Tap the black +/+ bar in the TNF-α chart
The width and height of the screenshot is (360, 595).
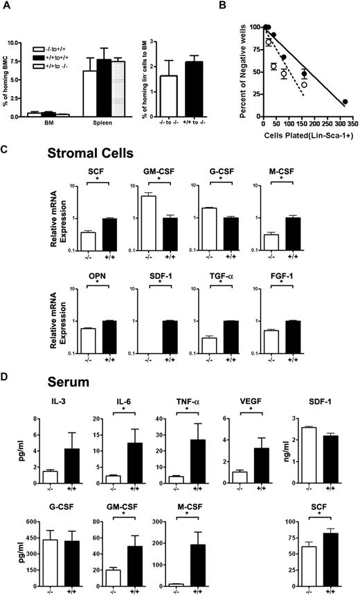coord(197,453)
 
